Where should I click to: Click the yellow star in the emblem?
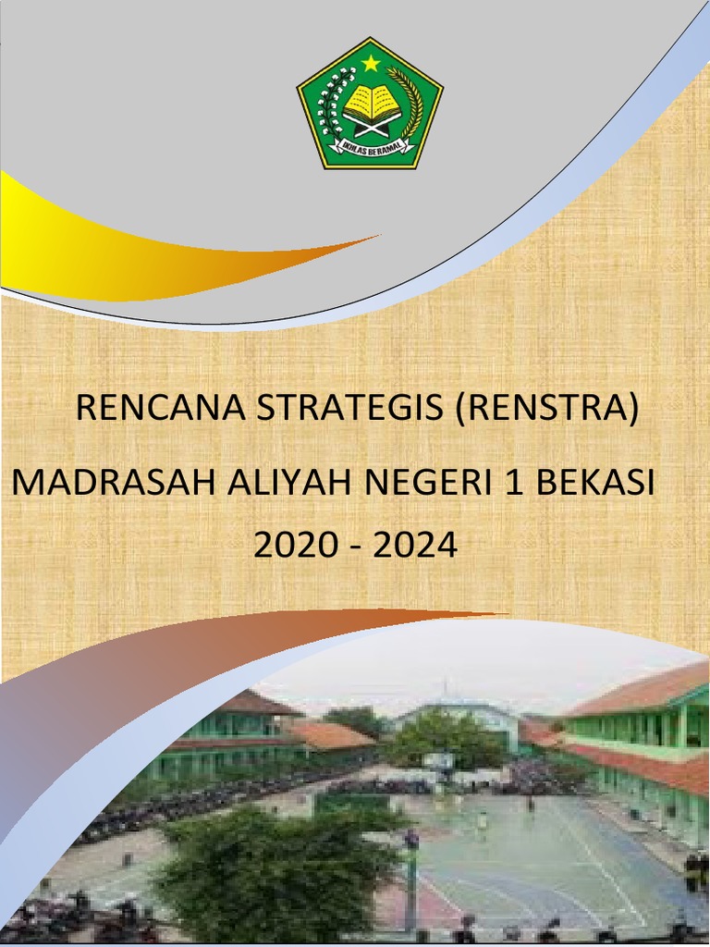(370, 63)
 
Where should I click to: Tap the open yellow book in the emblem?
(371, 104)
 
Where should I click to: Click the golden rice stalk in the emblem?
(410, 102)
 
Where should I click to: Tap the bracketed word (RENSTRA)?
(546, 408)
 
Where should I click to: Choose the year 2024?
(415, 546)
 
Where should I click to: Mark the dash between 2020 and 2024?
(356, 547)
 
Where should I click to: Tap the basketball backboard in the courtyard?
(439, 760)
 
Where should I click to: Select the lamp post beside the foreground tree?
(411, 879)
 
